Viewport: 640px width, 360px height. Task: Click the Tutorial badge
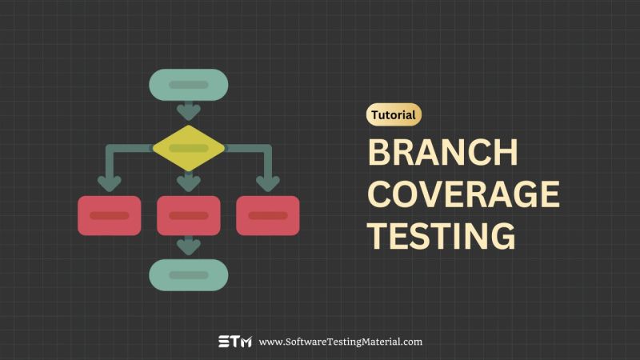[x=394, y=115]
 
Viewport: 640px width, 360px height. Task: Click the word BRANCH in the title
[x=442, y=153]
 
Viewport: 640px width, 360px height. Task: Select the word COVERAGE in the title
[x=463, y=194]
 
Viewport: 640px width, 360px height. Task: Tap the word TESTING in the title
[x=441, y=236]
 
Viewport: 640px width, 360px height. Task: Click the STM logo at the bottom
[x=235, y=342]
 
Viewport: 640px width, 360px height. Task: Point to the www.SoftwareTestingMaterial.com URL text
[x=341, y=342]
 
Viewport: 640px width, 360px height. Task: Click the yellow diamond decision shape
[x=189, y=148]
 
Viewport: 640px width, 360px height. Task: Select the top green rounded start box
[x=189, y=85]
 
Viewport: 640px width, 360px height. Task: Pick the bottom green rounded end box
[x=189, y=274]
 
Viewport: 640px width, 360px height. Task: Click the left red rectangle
[x=110, y=215]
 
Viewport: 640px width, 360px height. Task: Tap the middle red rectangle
[x=189, y=215]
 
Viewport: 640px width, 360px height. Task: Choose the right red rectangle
[x=268, y=215]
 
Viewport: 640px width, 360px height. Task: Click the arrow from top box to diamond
[x=189, y=110]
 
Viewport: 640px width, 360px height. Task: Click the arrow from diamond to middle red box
[x=189, y=182]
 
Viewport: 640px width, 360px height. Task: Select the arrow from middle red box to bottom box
[x=189, y=245]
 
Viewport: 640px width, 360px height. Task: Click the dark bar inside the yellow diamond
[x=189, y=148]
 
